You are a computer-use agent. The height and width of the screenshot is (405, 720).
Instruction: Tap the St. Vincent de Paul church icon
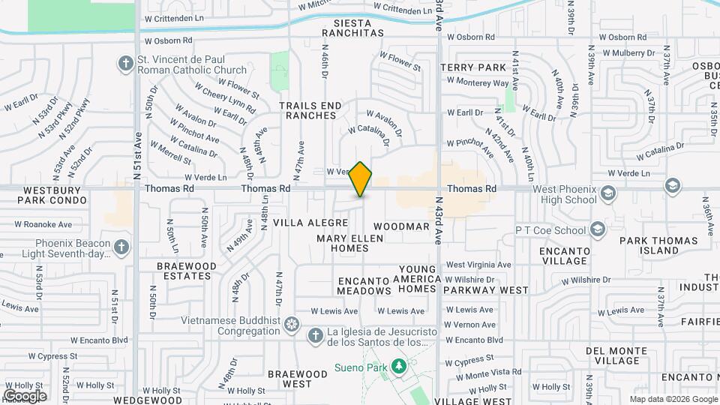coord(124,64)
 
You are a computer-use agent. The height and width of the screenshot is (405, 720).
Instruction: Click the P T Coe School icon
coord(597,229)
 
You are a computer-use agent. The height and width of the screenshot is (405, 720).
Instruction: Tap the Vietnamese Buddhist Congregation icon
coord(291,325)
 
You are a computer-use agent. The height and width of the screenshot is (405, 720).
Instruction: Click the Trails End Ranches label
coord(310,111)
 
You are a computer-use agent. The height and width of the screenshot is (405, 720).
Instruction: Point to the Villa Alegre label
coord(310,223)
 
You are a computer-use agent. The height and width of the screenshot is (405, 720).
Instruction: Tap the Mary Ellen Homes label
coord(349,243)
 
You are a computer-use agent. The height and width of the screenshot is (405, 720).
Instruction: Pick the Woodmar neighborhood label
coord(401,226)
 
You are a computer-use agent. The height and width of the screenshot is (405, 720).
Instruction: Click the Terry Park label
coord(473,67)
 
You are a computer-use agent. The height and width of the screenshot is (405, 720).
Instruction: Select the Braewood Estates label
coord(187,271)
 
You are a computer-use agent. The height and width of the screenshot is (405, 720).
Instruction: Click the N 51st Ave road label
coord(139,154)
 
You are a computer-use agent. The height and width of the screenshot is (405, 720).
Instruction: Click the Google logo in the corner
coord(25,395)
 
